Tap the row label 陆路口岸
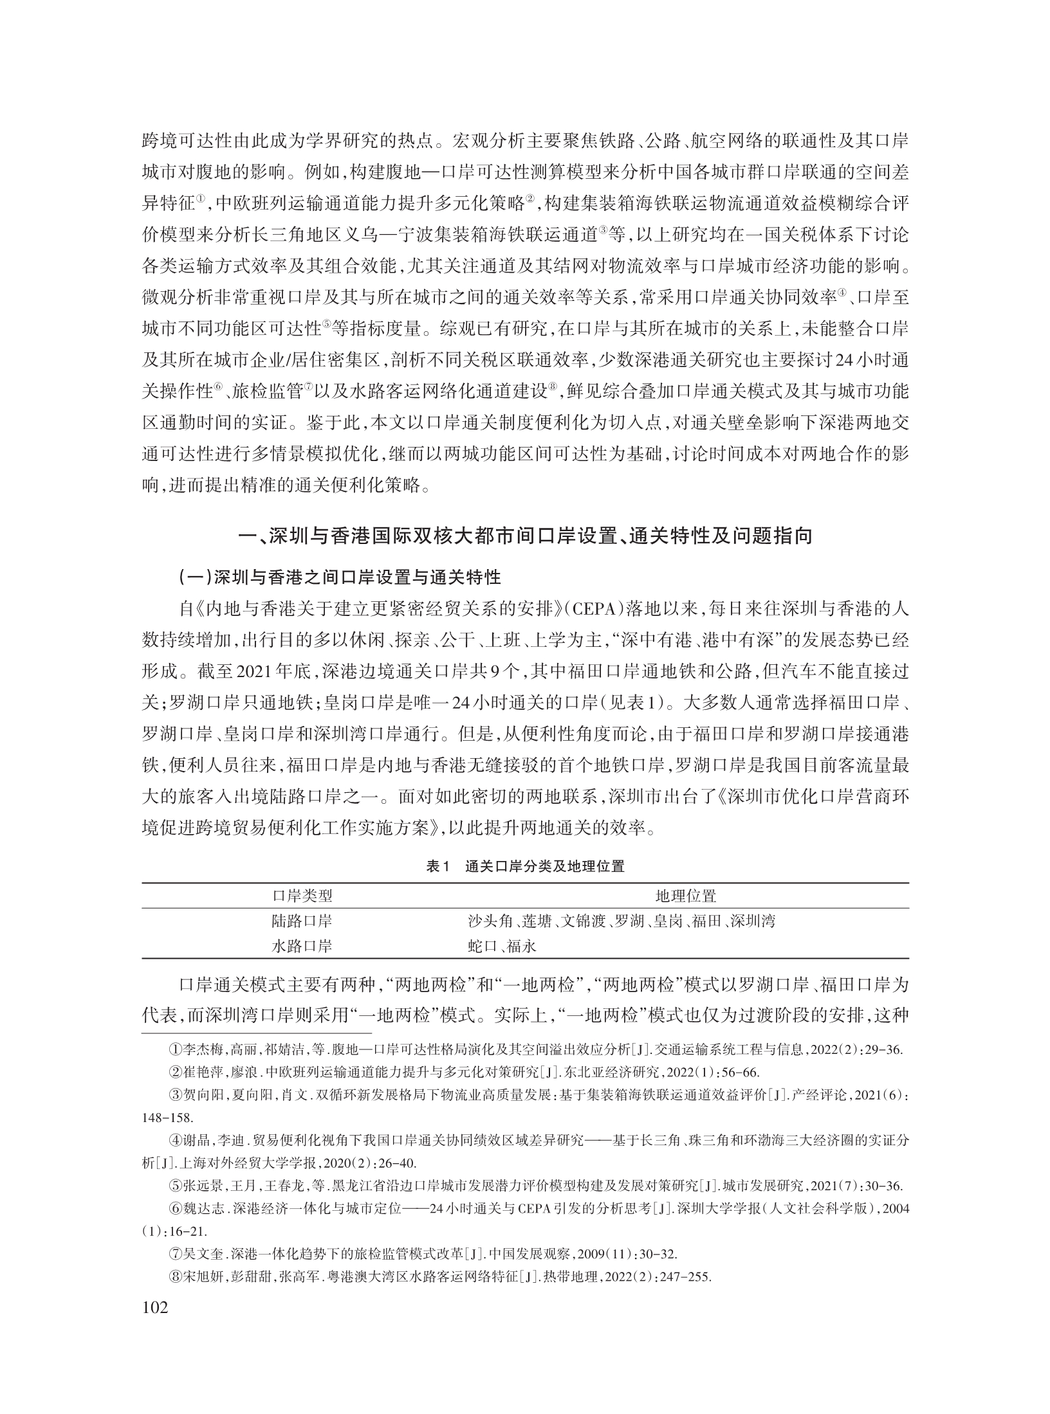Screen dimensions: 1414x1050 coord(302,921)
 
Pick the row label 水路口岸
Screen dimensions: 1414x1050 coord(302,946)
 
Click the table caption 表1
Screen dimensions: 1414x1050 coord(440,866)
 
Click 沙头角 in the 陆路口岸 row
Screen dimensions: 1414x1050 coord(484,921)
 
